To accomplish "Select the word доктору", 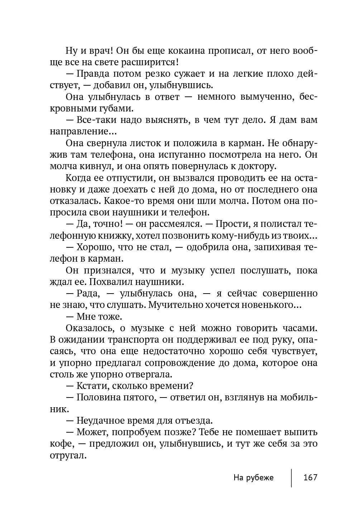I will [x=256, y=166].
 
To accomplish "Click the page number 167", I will [x=310, y=478].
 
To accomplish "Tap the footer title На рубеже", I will [x=253, y=478].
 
